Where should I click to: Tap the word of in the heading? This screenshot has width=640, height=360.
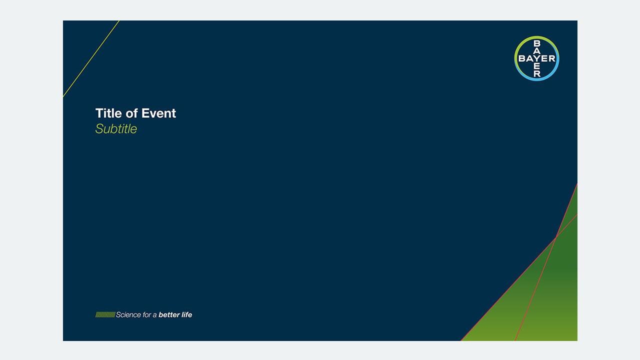(131, 113)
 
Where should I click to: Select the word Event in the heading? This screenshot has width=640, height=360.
(158, 113)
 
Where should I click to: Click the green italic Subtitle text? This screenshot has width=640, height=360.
(116, 129)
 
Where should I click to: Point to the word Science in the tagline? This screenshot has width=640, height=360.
(128, 314)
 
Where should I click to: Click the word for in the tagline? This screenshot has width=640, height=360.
(147, 314)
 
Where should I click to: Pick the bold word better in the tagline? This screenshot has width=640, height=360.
(169, 314)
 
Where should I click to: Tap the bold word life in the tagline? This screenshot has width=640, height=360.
(187, 314)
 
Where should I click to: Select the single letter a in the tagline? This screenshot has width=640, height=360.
(155, 315)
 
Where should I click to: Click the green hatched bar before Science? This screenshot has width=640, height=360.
(105, 314)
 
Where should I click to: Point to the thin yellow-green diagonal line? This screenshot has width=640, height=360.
(91, 58)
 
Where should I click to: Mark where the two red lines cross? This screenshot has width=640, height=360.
(555, 237)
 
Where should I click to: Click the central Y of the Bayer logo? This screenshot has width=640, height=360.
(537, 58)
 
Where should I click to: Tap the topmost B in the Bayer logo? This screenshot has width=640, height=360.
(537, 43)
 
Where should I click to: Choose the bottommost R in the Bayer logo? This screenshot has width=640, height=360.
(537, 73)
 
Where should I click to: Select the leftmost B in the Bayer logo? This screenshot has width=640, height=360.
(522, 58)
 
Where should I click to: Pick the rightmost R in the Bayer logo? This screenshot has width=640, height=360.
(552, 58)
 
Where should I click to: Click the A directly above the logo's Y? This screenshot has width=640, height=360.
(537, 51)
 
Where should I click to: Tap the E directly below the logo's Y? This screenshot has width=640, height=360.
(537, 66)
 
